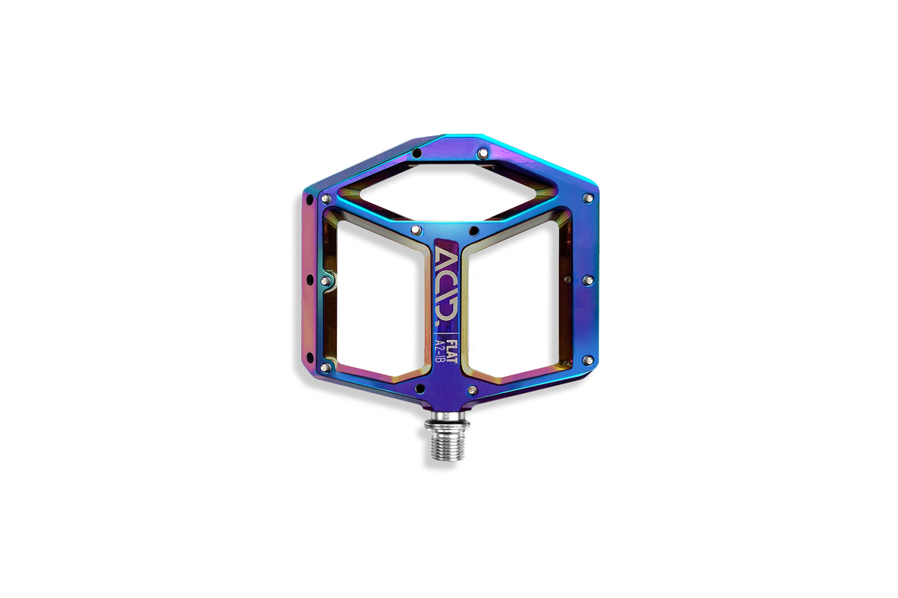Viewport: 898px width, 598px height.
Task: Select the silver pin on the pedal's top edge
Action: (483, 152)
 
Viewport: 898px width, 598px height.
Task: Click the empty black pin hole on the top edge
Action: (417, 152)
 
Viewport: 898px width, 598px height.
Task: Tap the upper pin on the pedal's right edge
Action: (588, 198)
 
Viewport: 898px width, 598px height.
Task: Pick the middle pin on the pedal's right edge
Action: (588, 280)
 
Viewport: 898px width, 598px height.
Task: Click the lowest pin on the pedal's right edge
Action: (588, 360)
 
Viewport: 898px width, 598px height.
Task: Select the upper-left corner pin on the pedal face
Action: (326, 198)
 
